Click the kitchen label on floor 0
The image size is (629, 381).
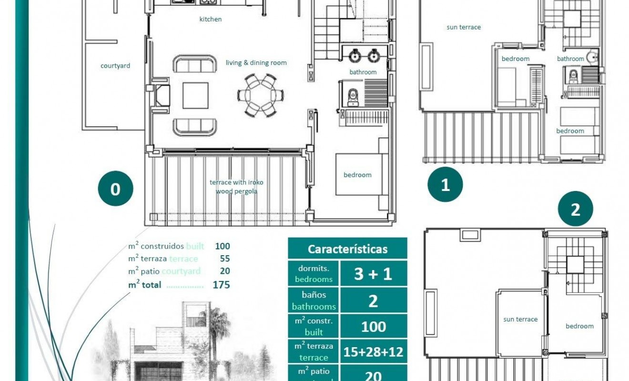pos(210,20)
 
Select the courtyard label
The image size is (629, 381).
pos(115,66)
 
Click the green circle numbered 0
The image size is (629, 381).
pos(115,189)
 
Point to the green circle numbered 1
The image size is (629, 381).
pos(445,184)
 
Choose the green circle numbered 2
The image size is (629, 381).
pos(575,209)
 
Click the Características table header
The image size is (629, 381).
pos(347,249)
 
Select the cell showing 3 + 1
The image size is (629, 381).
pos(373,274)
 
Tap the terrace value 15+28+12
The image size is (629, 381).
pos(373,352)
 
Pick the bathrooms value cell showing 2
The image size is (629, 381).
pos(373,301)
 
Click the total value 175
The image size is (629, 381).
pos(222,285)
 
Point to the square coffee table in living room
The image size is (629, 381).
pos(195,95)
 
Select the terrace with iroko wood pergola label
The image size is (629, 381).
pos(236,187)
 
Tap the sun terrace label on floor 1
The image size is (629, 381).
pos(464,27)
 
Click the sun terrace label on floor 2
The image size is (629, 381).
pos(520,320)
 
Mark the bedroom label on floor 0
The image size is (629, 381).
pos(357,175)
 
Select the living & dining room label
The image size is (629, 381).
pos(256,63)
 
